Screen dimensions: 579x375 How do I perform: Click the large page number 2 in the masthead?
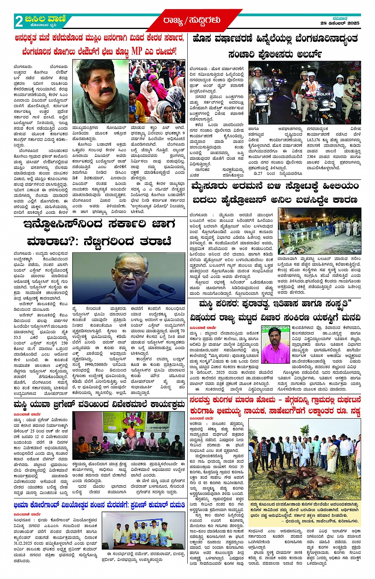pos(19,21)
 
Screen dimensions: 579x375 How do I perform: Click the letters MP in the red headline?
pos(137,51)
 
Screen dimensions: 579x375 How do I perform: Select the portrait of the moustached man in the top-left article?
pos(100,91)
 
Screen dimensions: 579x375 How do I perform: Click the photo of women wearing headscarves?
pos(157,91)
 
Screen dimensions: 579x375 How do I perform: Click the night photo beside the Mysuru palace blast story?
pos(319,231)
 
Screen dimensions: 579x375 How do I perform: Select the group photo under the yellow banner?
pos(129,435)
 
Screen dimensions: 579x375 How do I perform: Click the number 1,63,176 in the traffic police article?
pos(313,140)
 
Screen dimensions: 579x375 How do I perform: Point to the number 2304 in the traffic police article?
pos(311,157)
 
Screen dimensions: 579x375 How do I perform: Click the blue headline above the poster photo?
pos(99,505)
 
